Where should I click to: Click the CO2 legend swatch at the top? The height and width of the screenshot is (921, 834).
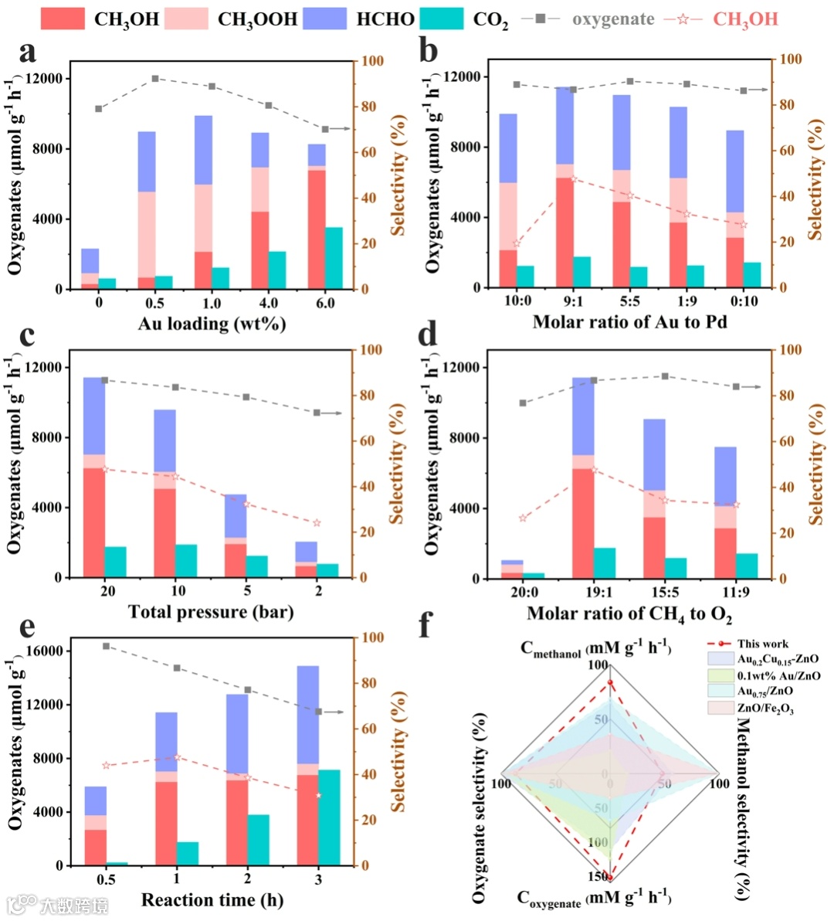442,19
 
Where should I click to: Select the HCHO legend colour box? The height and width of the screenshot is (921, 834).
324,19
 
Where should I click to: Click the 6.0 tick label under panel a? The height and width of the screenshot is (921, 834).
325,304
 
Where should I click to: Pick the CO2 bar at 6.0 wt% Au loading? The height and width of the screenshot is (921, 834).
333,258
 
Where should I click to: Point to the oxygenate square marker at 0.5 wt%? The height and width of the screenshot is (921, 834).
154,79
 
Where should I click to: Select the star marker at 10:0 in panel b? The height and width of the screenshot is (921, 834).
517,243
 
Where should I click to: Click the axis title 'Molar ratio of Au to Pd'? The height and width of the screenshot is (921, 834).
629,321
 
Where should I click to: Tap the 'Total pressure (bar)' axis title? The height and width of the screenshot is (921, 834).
211,613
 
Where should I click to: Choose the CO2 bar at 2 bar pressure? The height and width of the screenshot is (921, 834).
327,570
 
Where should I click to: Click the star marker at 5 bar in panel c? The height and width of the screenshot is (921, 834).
247,504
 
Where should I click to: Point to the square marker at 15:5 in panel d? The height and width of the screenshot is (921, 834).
664,376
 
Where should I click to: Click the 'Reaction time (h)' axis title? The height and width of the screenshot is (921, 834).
212,900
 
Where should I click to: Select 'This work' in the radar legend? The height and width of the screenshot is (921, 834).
762,644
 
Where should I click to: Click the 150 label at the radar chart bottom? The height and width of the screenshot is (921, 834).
598,877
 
